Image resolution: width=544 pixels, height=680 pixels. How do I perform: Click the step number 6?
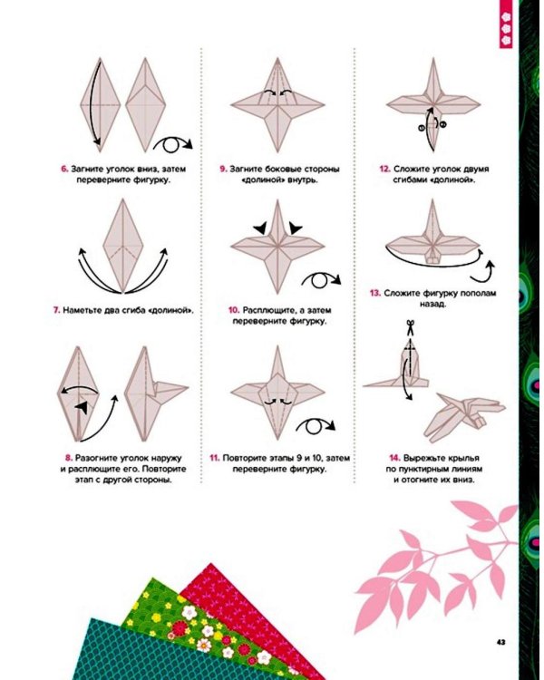pos(64,170)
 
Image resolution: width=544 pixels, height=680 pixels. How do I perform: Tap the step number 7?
pos(56,310)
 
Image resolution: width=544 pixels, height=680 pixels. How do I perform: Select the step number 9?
pos(223,170)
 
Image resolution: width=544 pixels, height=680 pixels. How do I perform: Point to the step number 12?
pos(384,170)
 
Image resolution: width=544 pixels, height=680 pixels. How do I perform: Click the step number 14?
pos(394,458)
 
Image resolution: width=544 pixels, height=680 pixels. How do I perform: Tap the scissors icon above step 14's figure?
pos(411,327)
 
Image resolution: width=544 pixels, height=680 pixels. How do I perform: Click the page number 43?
pos(501,642)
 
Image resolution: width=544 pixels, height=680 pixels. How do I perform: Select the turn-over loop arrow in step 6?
pos(172,145)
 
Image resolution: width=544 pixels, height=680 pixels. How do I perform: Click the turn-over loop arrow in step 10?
pos(321,280)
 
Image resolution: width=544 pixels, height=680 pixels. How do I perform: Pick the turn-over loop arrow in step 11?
pos(316,426)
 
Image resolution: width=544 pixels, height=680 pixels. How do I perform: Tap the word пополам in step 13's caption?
pos(476,294)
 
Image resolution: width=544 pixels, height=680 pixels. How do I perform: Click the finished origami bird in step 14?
pos(464,417)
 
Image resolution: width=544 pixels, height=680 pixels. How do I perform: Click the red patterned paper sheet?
pos(243,607)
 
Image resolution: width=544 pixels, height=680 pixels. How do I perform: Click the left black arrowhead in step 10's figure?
pos(261,228)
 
